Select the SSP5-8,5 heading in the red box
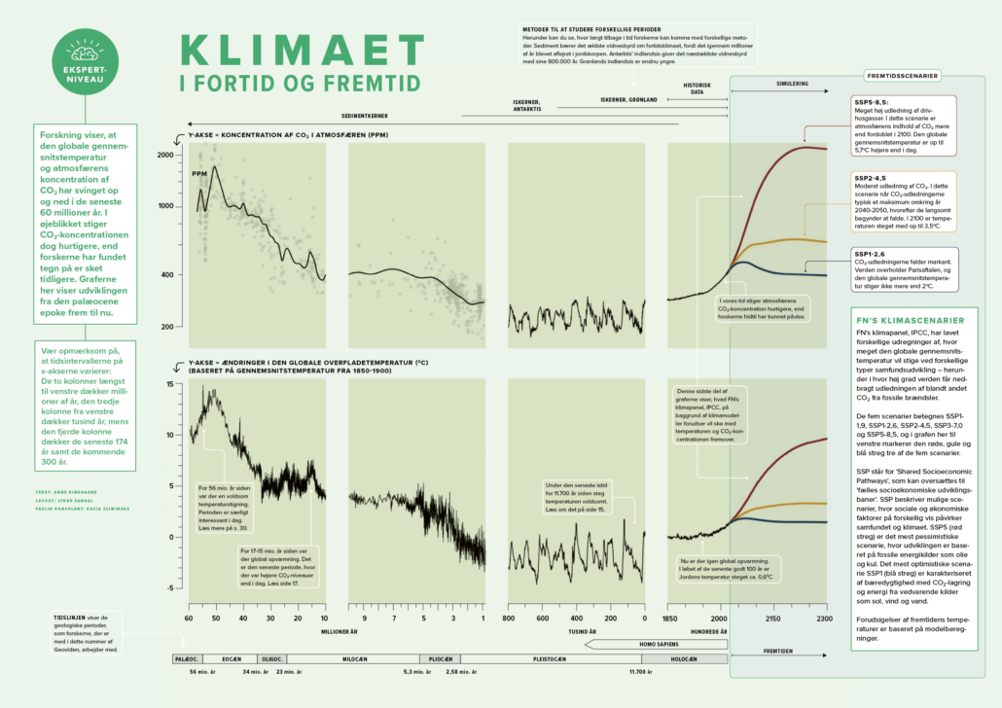(x=871, y=101)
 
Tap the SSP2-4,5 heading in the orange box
(x=871, y=179)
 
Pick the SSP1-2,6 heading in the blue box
(x=871, y=254)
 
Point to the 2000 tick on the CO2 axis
(x=165, y=156)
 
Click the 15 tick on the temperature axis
(x=167, y=384)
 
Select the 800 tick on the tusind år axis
(x=509, y=618)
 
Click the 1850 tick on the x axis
(x=670, y=618)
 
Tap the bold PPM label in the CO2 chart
(x=200, y=174)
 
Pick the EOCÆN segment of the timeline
(x=217, y=658)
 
